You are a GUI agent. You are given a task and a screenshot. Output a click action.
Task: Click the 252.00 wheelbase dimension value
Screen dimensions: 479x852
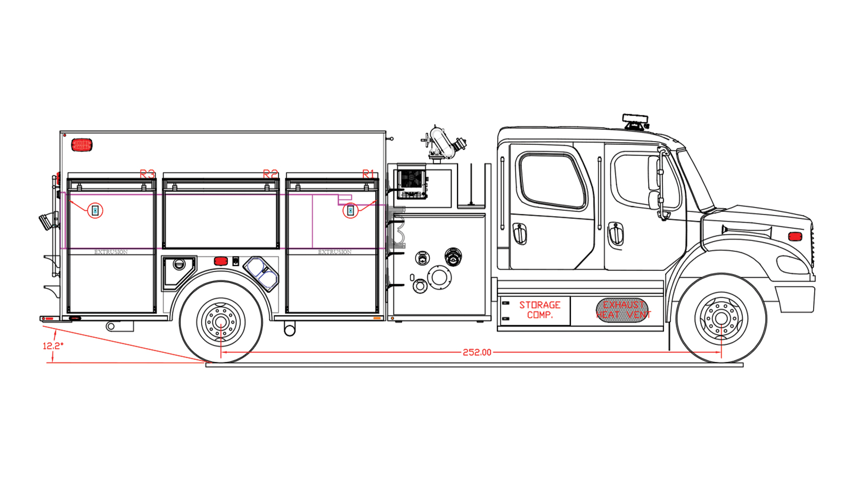tap(477, 352)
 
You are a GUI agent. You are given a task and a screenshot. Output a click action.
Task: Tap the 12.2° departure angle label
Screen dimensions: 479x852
tap(53, 346)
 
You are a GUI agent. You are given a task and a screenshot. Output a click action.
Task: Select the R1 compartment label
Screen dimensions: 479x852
tap(368, 174)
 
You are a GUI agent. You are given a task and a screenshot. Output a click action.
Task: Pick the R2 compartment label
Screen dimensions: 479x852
tap(271, 174)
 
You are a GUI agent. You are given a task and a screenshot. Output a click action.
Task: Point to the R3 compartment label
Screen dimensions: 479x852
tap(147, 174)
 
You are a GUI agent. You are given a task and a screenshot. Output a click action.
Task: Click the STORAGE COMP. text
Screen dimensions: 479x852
tap(539, 310)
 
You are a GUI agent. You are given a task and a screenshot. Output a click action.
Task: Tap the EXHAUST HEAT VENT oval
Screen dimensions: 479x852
tap(623, 310)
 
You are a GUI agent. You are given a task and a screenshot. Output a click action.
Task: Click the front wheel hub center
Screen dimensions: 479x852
tap(721, 318)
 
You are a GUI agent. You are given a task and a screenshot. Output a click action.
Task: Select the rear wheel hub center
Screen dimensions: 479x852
tap(220, 321)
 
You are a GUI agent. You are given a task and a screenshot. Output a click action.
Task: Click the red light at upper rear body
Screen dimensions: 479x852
tap(81, 144)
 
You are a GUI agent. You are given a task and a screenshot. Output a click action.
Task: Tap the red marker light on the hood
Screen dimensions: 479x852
tap(795, 236)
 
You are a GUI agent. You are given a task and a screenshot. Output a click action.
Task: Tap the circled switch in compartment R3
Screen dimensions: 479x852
tap(95, 211)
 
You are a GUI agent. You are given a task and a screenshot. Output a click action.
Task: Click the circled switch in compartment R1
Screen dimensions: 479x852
tap(350, 211)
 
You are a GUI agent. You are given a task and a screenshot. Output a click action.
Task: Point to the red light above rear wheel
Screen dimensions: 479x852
tap(220, 261)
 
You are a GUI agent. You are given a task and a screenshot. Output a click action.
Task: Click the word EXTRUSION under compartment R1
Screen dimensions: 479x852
tap(334, 252)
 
